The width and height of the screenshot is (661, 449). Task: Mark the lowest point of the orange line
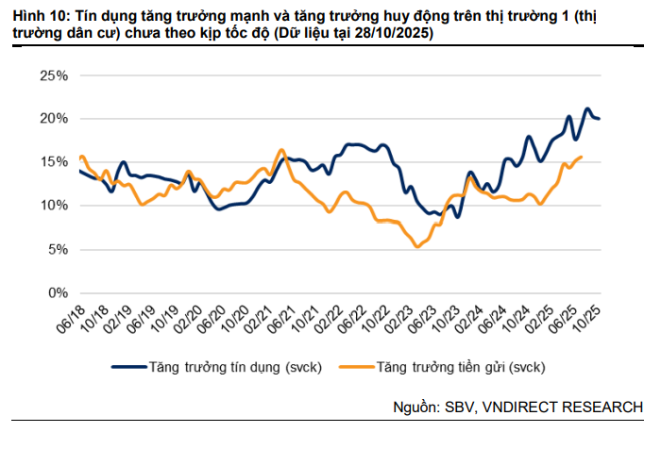pyautogui.click(x=417, y=247)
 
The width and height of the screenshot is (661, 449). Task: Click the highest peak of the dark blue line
pyautogui.click(x=586, y=108)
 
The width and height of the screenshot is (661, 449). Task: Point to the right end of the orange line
pyautogui.click(x=580, y=158)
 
